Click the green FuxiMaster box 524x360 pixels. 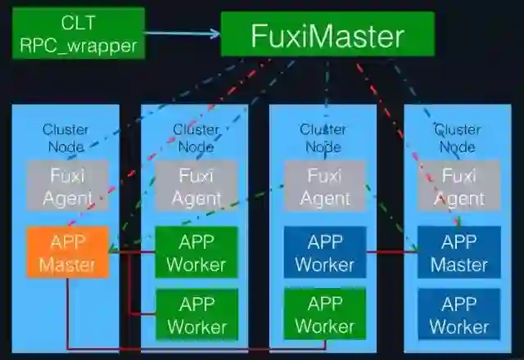tap(327, 35)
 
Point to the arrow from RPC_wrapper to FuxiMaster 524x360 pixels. tap(183, 34)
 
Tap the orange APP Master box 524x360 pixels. tap(68, 253)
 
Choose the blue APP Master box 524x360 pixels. tap(458, 253)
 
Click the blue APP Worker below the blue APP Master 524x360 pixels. tap(458, 315)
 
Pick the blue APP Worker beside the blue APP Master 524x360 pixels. tap(325, 253)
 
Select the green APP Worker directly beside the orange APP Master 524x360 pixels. tap(196, 253)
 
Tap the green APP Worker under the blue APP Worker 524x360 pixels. tap(325, 315)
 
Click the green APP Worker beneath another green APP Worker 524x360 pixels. tap(196, 315)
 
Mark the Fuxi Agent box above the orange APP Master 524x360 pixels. tap(68, 187)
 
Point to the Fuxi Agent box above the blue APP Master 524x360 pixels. tap(458, 187)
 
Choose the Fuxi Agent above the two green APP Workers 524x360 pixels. tap(196, 187)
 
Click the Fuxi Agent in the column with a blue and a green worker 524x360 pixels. tap(325, 187)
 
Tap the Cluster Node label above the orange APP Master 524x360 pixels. tap(66, 137)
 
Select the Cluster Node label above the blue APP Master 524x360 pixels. tap(457, 137)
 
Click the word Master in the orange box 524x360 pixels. tap(68, 264)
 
